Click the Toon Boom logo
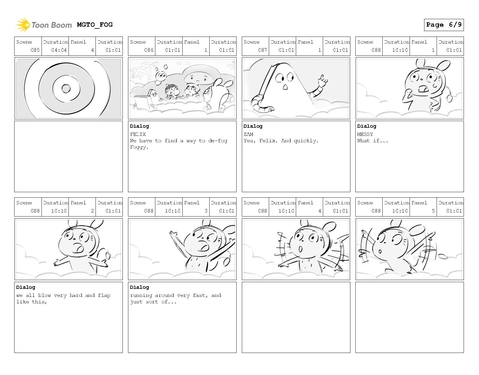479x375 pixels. pyautogui.click(x=44, y=25)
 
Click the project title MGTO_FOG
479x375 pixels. pyautogui.click(x=95, y=25)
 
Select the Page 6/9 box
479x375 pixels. pyautogui.click(x=444, y=25)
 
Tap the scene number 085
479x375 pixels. pyautogui.click(x=35, y=50)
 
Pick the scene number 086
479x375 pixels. pyautogui.click(x=149, y=50)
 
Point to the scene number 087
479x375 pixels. pyautogui.click(x=262, y=50)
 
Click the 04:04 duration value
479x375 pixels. pyautogui.click(x=59, y=50)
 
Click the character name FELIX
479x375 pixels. pyautogui.click(x=138, y=134)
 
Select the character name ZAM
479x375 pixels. pyautogui.click(x=248, y=134)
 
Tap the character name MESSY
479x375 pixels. pyautogui.click(x=365, y=134)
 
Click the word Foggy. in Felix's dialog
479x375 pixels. pyautogui.click(x=139, y=147)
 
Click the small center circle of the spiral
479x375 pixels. pyautogui.click(x=66, y=89)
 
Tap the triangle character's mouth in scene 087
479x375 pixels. pyautogui.click(x=285, y=87)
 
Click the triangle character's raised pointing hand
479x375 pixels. pyautogui.click(x=323, y=80)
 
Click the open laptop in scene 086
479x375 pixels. pyautogui.click(x=143, y=102)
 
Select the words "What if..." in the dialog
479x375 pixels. pyautogui.click(x=372, y=141)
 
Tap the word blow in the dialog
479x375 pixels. pyautogui.click(x=44, y=295)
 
